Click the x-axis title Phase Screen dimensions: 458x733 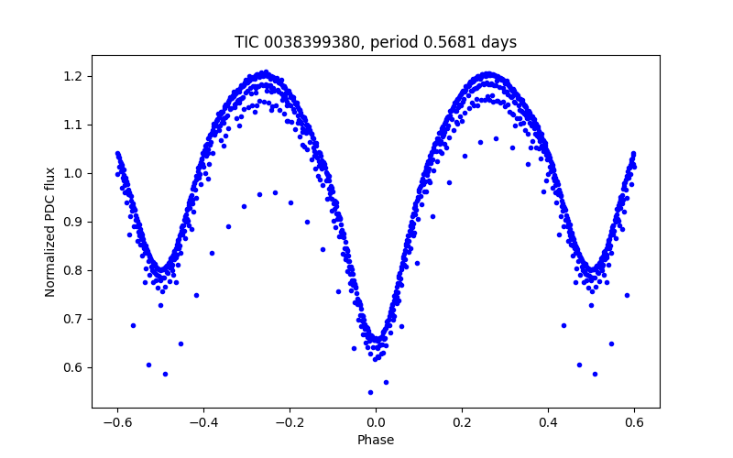(x=376, y=440)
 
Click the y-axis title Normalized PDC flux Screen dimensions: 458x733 (x=50, y=231)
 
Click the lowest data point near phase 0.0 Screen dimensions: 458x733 (x=370, y=392)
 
